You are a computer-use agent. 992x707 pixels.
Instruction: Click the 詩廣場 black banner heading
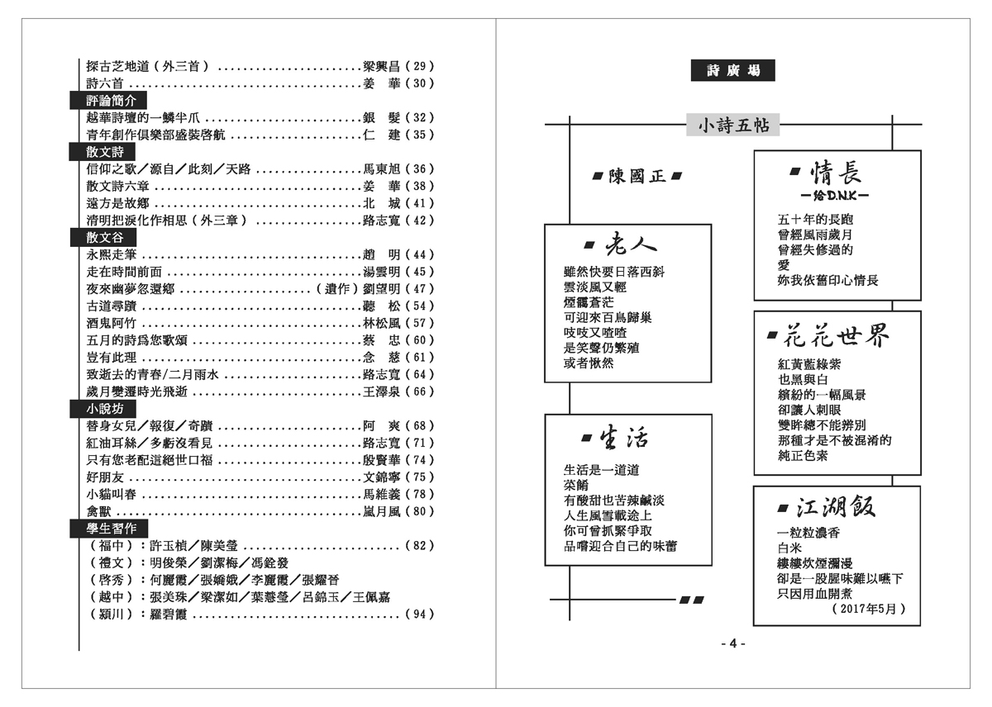[x=732, y=71]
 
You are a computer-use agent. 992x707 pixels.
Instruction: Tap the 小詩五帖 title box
[x=733, y=126]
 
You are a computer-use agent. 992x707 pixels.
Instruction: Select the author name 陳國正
[x=637, y=177]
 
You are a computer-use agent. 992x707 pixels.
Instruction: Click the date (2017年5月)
[x=865, y=609]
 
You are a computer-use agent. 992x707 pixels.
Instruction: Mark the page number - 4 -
[x=732, y=644]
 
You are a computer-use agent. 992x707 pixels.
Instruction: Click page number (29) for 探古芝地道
[x=419, y=66]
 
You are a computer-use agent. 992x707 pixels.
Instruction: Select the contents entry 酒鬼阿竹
[x=112, y=323]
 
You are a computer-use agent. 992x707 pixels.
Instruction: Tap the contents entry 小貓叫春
[x=112, y=494]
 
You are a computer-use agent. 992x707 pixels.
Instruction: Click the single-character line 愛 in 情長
[x=784, y=265]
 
